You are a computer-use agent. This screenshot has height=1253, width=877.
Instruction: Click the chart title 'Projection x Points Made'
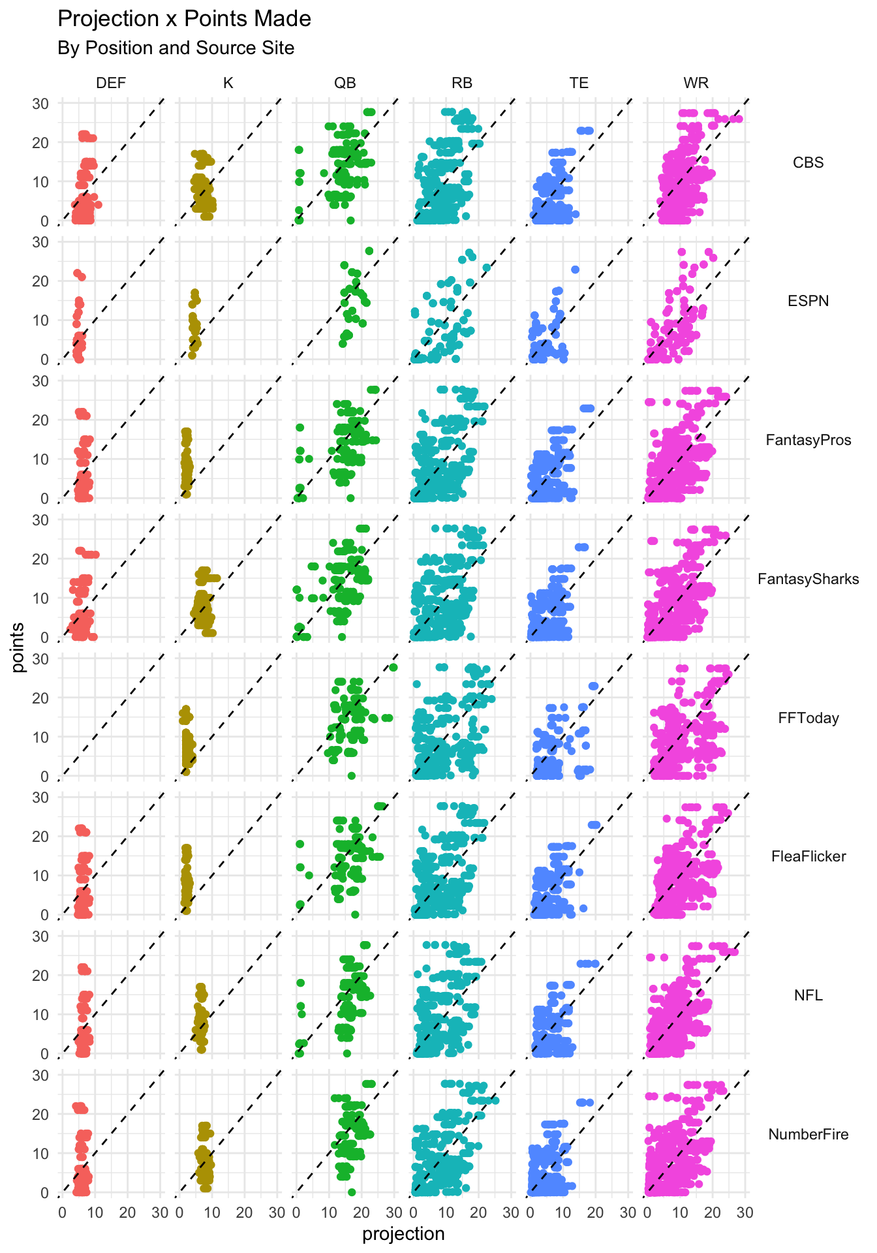[x=184, y=19]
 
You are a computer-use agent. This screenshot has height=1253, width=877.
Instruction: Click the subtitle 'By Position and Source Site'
[x=176, y=48]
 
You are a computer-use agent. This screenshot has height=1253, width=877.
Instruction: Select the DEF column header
[x=111, y=83]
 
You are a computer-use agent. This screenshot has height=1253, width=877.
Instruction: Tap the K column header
[x=228, y=83]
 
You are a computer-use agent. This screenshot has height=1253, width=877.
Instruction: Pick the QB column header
[x=345, y=83]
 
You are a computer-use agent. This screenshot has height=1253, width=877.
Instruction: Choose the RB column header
[x=462, y=83]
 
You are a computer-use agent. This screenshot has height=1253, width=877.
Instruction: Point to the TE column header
[x=579, y=83]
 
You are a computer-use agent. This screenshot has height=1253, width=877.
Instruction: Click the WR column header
[x=696, y=83]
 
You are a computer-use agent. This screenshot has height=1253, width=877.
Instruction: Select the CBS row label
[x=808, y=162]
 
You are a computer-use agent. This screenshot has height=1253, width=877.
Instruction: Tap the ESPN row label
[x=808, y=301]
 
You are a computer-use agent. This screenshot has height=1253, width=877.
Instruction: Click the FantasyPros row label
[x=808, y=440]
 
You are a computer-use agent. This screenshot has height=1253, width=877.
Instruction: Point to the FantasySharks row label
[x=808, y=579]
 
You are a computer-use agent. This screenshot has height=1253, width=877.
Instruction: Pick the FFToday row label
[x=808, y=718]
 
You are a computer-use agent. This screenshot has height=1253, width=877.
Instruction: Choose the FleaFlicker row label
[x=808, y=856]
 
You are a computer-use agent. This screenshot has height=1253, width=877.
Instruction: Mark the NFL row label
[x=808, y=995]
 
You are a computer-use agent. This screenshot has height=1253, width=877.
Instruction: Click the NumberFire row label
[x=808, y=1134]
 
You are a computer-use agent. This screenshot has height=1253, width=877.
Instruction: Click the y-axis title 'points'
[x=18, y=647]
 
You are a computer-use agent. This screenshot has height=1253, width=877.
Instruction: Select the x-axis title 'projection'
[x=403, y=1234]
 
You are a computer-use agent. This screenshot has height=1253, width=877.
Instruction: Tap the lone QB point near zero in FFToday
[x=351, y=776]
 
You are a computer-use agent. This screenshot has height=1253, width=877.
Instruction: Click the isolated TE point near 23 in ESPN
[x=575, y=270]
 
